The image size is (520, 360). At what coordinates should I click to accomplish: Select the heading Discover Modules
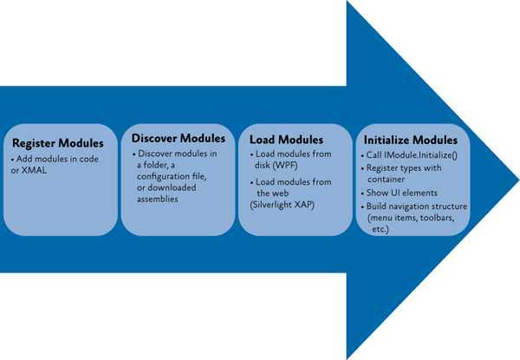point(179,138)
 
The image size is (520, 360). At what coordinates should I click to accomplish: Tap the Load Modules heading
point(286,139)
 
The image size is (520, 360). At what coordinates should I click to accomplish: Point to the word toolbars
point(445,217)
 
